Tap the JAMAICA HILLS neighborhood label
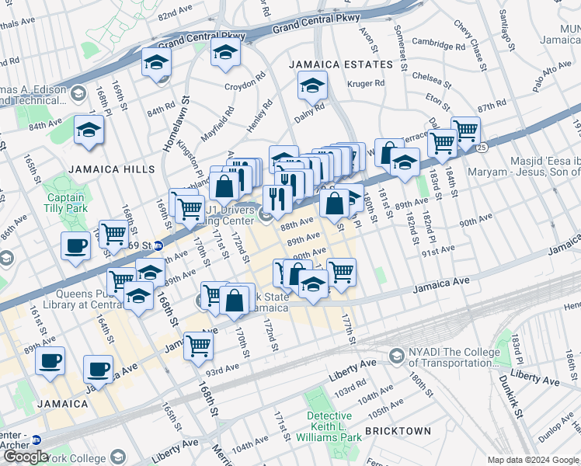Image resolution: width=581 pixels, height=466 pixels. (111, 169)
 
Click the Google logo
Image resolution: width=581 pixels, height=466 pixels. (26, 456)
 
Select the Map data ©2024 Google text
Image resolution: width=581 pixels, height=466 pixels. (532, 459)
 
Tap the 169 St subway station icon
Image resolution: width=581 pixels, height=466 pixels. (159, 245)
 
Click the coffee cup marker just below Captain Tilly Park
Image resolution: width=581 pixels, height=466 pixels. (76, 245)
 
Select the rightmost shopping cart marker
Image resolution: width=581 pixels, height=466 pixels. (465, 130)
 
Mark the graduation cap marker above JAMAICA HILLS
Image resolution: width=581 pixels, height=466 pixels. (89, 130)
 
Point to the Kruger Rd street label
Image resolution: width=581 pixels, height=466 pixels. (369, 83)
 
